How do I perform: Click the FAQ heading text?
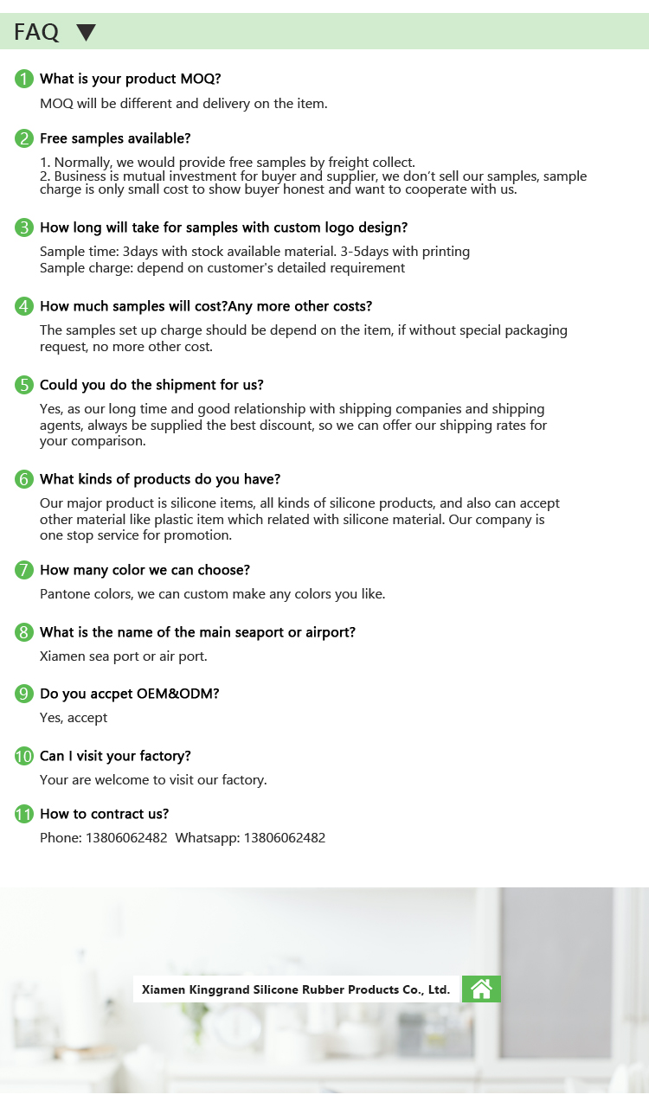point(36,32)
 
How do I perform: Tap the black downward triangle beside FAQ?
point(86,33)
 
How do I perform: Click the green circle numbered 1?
point(24,79)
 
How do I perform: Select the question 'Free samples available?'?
point(115,138)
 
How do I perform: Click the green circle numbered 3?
point(24,227)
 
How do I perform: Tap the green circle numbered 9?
point(24,694)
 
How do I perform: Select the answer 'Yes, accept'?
point(74,718)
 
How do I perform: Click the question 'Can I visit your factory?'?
point(115,756)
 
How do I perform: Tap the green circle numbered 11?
point(24,814)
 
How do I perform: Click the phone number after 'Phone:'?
point(126,837)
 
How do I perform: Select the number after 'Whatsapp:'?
point(285,837)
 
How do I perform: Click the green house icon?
point(481,989)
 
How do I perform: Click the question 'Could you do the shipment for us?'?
point(151,385)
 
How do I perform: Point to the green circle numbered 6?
point(24,479)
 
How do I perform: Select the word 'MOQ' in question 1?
point(200,79)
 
